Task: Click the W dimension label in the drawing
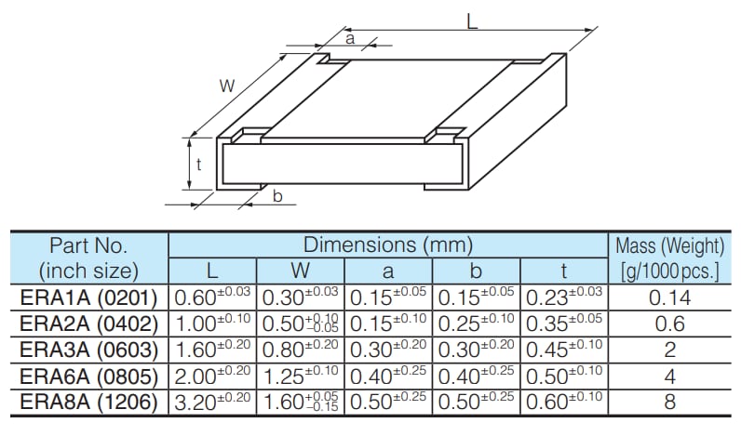226,86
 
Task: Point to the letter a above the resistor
350,38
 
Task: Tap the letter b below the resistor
277,195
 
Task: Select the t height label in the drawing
198,165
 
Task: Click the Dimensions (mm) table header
387,245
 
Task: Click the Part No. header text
88,246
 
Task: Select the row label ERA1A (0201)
88,297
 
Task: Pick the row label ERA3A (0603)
88,350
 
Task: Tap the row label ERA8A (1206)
88,403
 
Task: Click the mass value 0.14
669,297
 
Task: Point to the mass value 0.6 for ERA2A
669,324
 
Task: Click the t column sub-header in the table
564,271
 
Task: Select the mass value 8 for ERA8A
669,403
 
